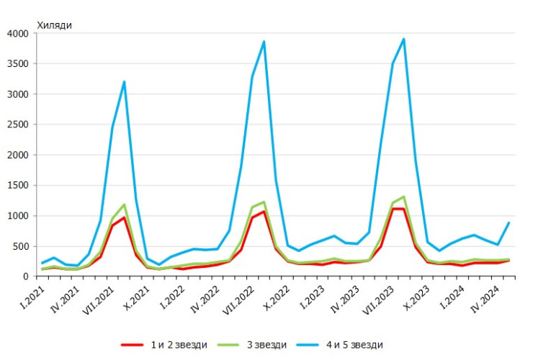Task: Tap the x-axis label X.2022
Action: pos(276,296)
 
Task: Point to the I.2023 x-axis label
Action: pos(312,295)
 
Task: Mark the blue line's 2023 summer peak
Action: pos(404,39)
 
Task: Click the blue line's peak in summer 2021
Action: pos(124,81)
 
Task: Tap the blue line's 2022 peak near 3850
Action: pos(264,42)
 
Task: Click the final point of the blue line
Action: pos(509,222)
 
